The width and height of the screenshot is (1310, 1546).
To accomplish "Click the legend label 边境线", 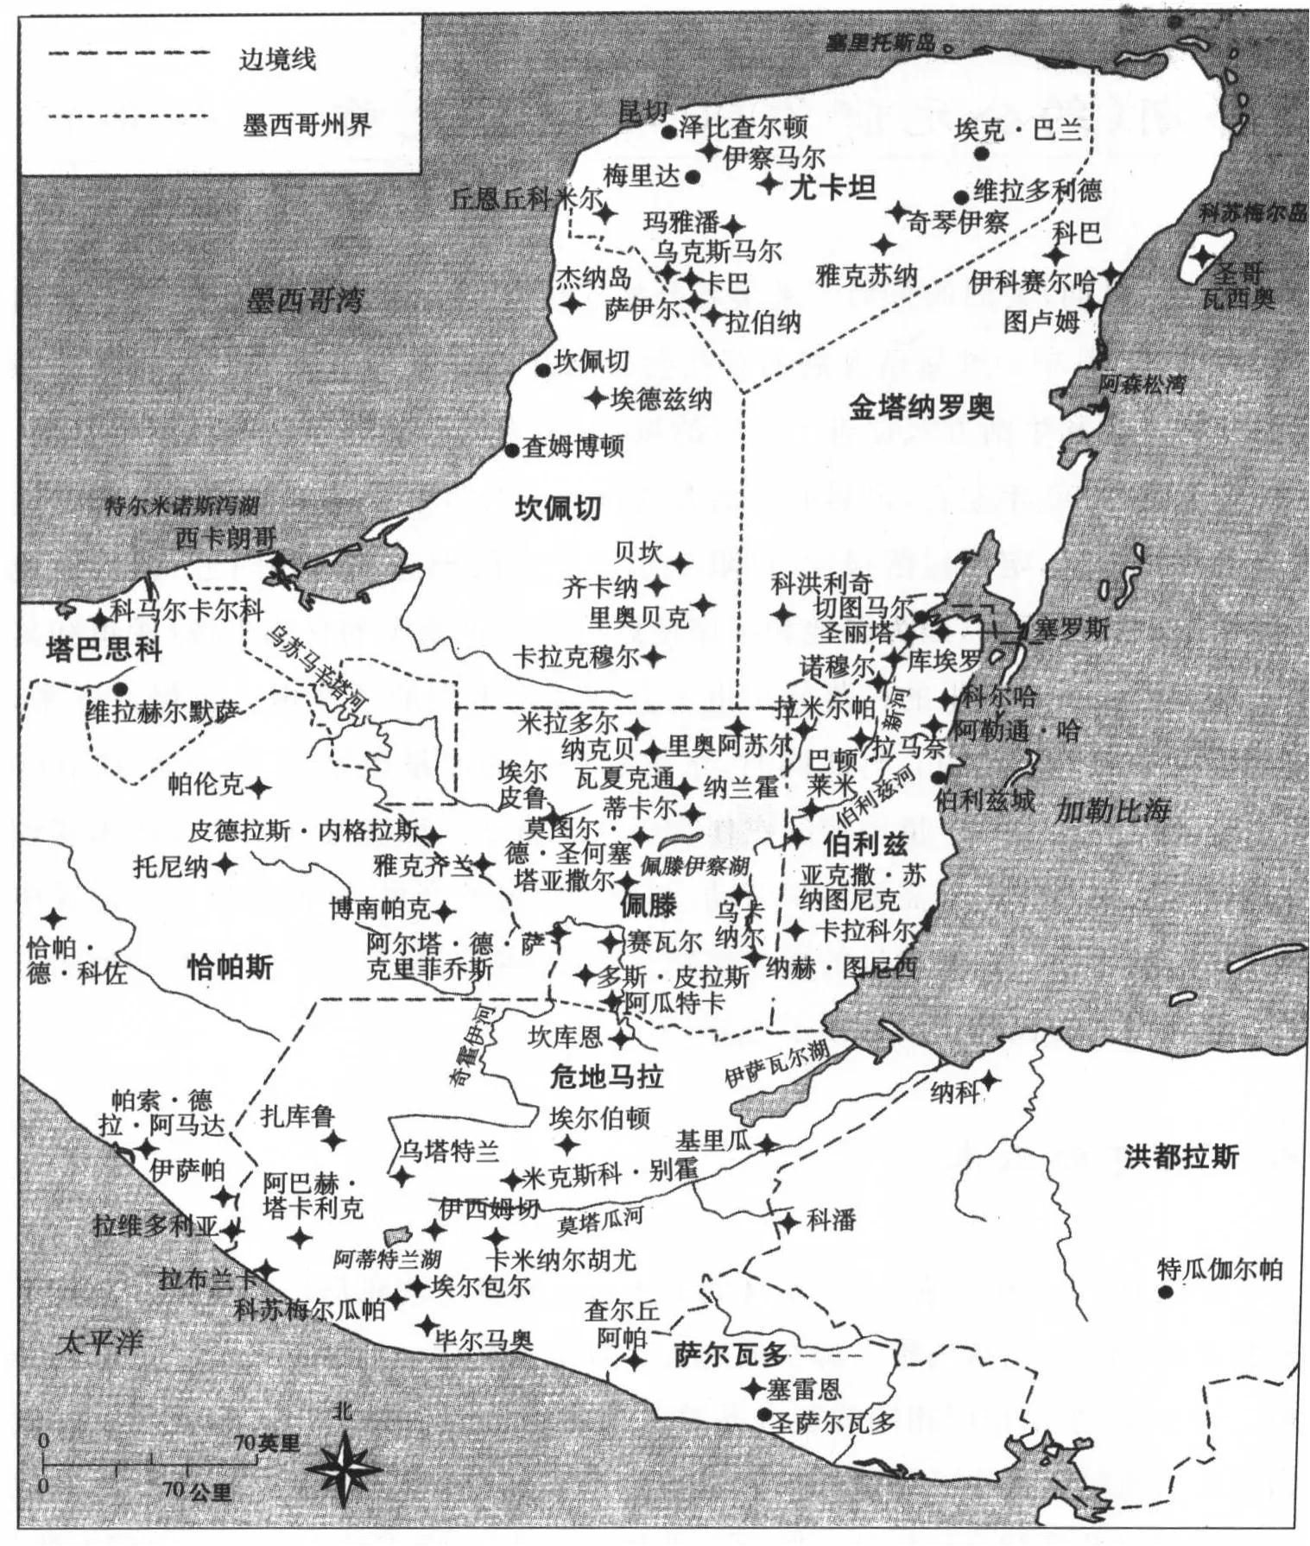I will click(x=277, y=60).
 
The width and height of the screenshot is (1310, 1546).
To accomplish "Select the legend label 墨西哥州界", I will click(x=307, y=125).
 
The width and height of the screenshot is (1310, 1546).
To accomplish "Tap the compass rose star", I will click(x=344, y=1469).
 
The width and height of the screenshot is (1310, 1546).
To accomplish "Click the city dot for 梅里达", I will click(x=693, y=177).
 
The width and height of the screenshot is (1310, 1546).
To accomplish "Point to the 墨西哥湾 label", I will click(x=305, y=301).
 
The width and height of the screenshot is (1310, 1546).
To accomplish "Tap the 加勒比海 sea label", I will click(x=1113, y=810).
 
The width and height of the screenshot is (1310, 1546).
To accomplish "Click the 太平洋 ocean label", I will click(x=99, y=1342).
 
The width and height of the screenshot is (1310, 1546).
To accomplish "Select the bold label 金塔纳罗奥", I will click(x=921, y=407).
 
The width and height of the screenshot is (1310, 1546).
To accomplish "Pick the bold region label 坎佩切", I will click(x=558, y=508).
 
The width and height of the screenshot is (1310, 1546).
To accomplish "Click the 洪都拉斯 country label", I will click(x=1181, y=1157).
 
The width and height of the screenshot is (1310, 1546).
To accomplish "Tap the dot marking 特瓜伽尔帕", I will click(x=1166, y=1292).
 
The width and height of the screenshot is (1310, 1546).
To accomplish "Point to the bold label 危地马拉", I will click(x=606, y=1076).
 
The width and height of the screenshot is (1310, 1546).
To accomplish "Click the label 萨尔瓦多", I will click(x=731, y=1355).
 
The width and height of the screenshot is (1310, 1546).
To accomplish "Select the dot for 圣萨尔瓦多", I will click(x=763, y=1414).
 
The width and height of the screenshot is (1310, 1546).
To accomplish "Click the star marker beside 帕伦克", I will click(x=258, y=787).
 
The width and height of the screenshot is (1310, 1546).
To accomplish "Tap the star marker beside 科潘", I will click(x=788, y=1222).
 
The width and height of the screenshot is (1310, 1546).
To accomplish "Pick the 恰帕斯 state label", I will click(x=230, y=968).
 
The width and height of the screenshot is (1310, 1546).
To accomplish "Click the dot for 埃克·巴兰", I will click(x=981, y=154).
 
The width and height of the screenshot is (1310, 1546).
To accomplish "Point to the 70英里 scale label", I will click(x=268, y=1443).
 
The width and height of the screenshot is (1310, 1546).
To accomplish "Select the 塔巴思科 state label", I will click(x=104, y=649).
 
